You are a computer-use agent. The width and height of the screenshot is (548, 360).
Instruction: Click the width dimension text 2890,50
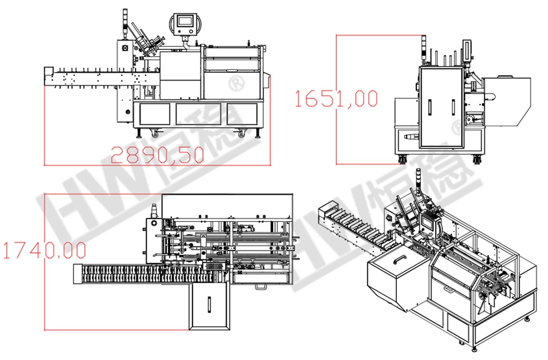pos(158,155)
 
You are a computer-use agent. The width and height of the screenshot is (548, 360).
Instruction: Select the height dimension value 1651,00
pos(336,99)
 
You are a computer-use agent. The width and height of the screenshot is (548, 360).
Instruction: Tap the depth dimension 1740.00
pos(44,250)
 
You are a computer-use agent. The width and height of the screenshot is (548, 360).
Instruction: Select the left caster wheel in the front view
pos(155,133)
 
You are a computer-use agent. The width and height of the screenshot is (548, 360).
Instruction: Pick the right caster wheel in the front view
pos(241,133)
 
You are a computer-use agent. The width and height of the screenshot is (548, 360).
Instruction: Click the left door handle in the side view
pos(430,107)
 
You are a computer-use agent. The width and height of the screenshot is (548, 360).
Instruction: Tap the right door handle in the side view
pos(453,107)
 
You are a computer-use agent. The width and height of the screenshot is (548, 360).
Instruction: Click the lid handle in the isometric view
pos(399,259)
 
